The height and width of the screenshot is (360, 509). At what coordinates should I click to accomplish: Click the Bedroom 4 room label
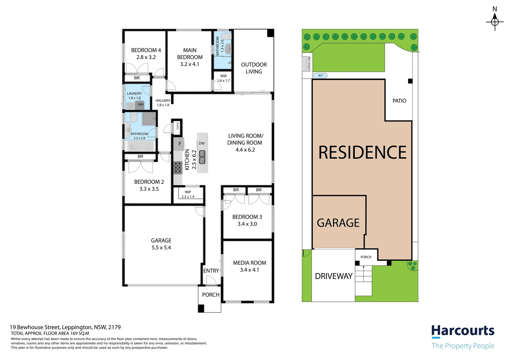click(146, 50)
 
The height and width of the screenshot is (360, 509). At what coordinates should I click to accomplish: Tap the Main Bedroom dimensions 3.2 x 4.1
click(190, 64)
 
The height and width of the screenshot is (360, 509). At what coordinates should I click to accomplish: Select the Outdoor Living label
click(254, 68)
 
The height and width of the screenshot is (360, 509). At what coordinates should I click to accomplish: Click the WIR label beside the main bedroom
click(224, 76)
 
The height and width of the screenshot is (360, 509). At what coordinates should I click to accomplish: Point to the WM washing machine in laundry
click(141, 105)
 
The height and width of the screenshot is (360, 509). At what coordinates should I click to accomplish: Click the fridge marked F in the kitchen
click(180, 144)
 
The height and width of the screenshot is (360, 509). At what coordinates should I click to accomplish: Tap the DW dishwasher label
click(202, 143)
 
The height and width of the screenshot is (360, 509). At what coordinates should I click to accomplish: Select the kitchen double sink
click(202, 157)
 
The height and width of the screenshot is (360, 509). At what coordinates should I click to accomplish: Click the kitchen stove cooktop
click(178, 168)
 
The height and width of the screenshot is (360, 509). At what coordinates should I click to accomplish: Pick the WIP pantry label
click(188, 192)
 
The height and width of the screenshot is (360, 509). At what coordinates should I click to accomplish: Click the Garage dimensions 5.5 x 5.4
click(161, 248)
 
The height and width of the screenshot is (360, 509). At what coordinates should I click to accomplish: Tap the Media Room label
click(250, 263)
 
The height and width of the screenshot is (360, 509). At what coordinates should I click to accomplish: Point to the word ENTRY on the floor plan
click(211, 271)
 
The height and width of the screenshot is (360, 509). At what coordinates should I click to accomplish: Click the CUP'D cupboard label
click(178, 126)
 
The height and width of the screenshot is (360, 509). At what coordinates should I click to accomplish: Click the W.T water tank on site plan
click(320, 76)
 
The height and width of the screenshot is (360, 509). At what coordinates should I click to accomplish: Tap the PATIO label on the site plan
click(399, 101)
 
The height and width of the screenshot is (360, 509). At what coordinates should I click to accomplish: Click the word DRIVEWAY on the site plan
click(333, 276)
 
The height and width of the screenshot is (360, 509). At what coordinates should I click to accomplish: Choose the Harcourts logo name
click(463, 331)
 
